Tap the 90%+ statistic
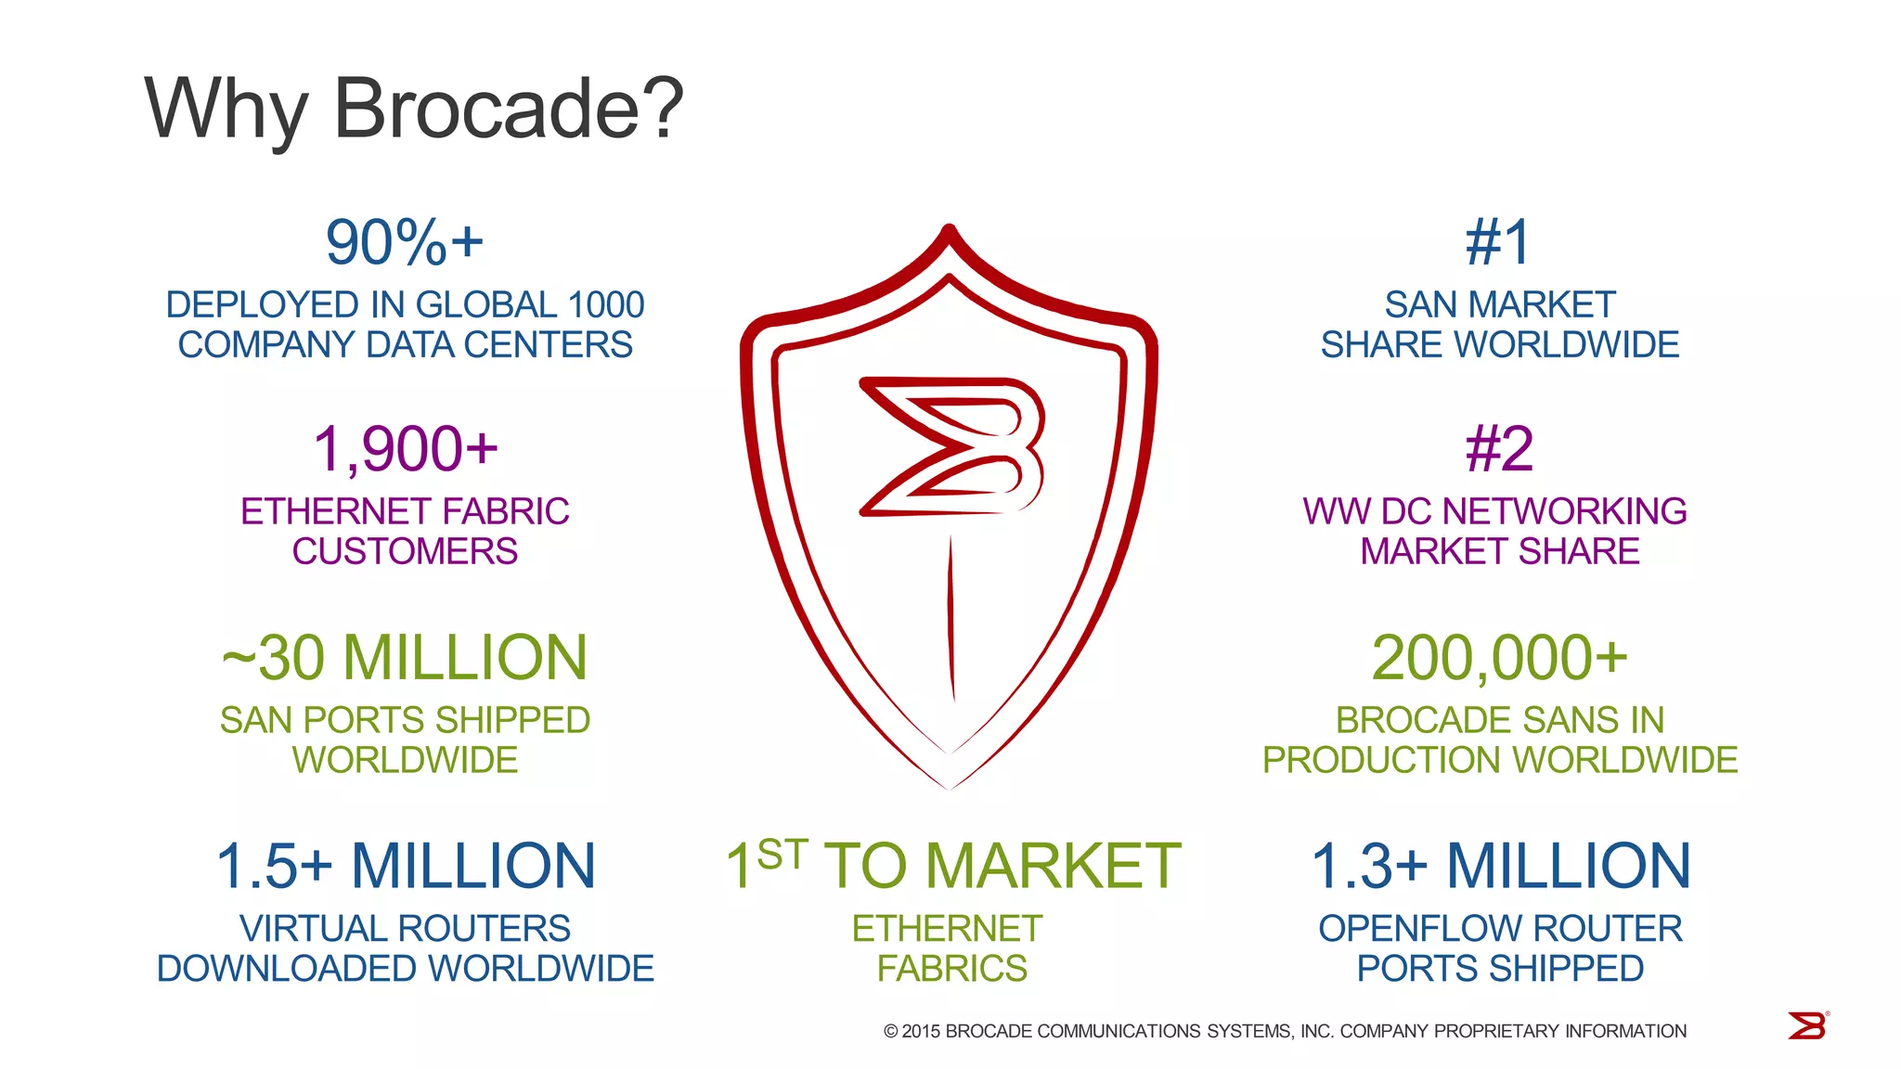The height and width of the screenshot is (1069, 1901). [x=405, y=242]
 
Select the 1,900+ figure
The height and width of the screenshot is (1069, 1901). [x=406, y=449]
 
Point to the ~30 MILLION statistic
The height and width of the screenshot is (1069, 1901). [x=405, y=658]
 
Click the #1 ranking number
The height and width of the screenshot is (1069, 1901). [x=1498, y=242]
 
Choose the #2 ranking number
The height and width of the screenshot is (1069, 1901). [x=1499, y=449]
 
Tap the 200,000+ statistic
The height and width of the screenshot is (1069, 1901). [x=1499, y=658]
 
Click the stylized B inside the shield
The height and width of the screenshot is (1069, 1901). [x=952, y=446]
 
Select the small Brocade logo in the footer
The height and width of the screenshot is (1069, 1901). [x=1807, y=1026]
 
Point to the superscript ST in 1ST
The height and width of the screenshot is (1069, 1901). [x=782, y=855]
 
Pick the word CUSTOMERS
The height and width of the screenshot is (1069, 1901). [x=405, y=552]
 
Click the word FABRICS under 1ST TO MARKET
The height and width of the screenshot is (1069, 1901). [x=951, y=969]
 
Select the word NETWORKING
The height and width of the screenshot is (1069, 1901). [x=1564, y=511]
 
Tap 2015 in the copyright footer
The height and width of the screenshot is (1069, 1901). [x=921, y=1031]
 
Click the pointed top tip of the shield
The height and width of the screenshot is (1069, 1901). [x=949, y=228]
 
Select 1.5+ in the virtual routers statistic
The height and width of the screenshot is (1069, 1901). [x=274, y=867]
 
